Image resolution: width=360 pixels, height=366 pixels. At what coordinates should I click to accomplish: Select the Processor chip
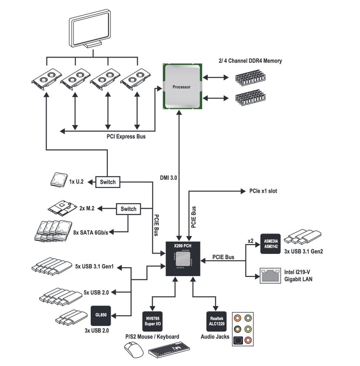pyautogui.click(x=181, y=86)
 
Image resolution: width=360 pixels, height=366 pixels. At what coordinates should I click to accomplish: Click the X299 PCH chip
pyautogui.click(x=184, y=258)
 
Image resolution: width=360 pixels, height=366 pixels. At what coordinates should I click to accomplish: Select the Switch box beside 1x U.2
pyautogui.click(x=108, y=182)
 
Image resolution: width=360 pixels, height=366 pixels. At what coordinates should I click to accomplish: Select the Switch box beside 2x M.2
pyautogui.click(x=129, y=209)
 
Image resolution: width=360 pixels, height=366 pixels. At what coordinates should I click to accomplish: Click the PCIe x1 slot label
pyautogui.click(x=263, y=191)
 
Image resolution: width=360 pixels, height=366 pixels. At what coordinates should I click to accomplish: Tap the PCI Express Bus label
pyautogui.click(x=126, y=137)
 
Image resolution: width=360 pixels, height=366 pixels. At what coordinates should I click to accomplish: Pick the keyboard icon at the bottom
pyautogui.click(x=169, y=350)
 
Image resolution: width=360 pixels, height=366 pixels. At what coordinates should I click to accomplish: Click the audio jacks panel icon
pyautogui.click(x=242, y=329)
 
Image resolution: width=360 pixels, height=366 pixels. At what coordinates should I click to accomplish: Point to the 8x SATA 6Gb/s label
pyautogui.click(x=90, y=232)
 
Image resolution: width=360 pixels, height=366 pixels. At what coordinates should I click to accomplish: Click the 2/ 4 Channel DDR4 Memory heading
pyautogui.click(x=250, y=61)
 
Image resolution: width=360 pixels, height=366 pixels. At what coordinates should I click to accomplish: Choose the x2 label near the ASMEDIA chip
pyautogui.click(x=251, y=241)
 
